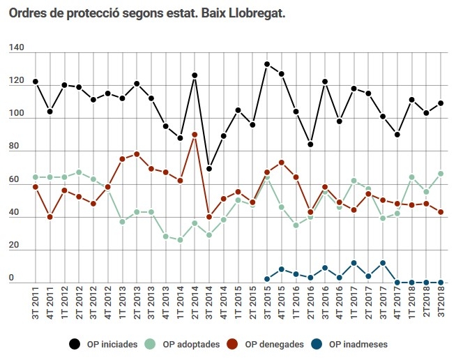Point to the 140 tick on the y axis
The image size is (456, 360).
click(17, 48)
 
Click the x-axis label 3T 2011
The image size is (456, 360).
click(36, 303)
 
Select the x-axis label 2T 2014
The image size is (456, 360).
click(195, 303)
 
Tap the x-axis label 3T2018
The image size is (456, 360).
click(442, 303)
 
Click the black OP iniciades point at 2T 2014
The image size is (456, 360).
click(195, 75)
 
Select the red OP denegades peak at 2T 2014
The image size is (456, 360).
click(195, 134)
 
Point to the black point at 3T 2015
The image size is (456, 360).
click(267, 64)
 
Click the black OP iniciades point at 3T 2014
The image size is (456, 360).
click(209, 169)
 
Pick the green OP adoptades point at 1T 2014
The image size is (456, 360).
click(180, 240)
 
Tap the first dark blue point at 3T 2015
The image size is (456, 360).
click(267, 279)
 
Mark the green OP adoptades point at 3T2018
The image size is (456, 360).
click(441, 173)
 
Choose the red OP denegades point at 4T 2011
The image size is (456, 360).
click(50, 217)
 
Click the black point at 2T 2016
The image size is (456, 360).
click(310, 144)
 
